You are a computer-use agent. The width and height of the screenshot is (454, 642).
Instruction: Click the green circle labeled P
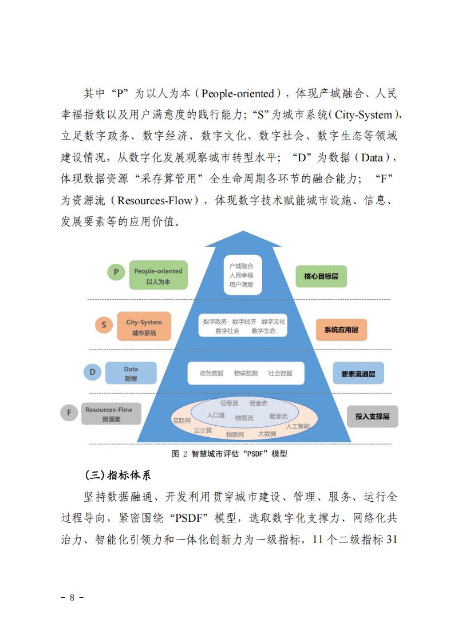coord(116,272)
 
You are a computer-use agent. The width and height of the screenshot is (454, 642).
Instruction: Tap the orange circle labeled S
coord(104,325)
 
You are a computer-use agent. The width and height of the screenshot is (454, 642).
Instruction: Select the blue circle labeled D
coord(92,372)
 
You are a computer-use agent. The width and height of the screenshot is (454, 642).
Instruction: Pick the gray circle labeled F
coord(69,413)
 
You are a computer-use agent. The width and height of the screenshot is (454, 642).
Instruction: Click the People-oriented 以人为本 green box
coord(158,276)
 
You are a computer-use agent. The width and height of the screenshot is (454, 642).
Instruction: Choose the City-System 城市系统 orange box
coord(144,327)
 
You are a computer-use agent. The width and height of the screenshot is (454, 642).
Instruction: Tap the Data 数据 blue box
coord(131,373)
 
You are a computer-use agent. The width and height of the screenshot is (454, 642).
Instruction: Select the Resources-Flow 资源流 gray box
coord(111,414)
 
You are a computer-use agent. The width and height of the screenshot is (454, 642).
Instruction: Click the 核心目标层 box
coord(321,276)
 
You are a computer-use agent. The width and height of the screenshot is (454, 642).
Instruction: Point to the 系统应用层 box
coord(341,330)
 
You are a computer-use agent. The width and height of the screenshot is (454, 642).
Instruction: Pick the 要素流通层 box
coord(358,374)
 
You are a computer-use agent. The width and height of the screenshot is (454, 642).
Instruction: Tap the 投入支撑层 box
coord(373,417)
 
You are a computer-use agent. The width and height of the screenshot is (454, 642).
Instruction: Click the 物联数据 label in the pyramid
coord(246,374)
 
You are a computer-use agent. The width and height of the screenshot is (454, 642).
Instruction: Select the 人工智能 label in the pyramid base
coord(298,426)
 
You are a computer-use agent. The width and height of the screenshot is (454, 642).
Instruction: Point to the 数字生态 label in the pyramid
coord(263,331)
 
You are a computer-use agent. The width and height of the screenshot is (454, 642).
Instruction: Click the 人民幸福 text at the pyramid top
coord(242,276)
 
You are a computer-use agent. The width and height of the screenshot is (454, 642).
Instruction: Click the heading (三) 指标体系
coord(117,475)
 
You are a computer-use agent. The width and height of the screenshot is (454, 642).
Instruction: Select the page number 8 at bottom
coord(72,597)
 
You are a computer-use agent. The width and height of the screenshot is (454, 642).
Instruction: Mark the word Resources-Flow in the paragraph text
coord(155,201)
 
